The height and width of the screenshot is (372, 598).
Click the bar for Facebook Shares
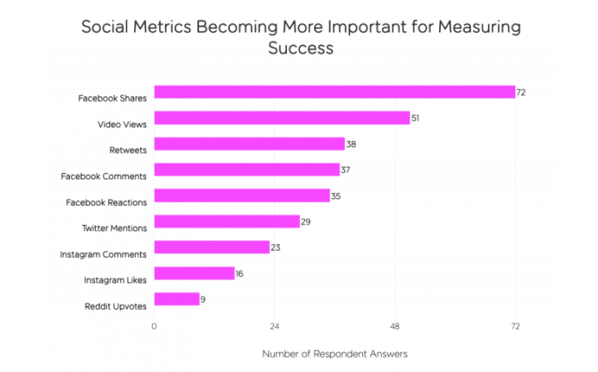click(x=334, y=92)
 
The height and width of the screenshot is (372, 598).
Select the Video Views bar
click(x=282, y=118)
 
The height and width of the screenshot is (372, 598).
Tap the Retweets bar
click(x=249, y=144)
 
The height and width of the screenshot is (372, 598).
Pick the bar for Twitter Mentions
click(x=226, y=222)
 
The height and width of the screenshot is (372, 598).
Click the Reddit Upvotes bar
click(x=177, y=299)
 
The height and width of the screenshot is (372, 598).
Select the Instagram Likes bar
click(x=194, y=273)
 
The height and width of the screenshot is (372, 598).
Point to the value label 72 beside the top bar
click(x=520, y=92)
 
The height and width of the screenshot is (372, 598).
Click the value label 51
click(x=415, y=118)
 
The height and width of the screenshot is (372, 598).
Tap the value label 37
click(x=345, y=170)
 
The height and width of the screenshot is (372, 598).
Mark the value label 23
click(x=275, y=247)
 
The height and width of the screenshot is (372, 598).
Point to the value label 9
click(x=204, y=299)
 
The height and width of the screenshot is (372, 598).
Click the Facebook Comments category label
click(x=103, y=177)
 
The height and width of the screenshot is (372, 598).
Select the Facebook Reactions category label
click(x=106, y=202)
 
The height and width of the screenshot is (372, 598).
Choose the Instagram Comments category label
click(x=103, y=254)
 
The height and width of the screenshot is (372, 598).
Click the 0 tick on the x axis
click(x=154, y=326)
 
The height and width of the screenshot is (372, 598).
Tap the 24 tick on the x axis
click(x=274, y=326)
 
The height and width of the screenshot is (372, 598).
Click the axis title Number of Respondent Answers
click(x=335, y=353)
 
